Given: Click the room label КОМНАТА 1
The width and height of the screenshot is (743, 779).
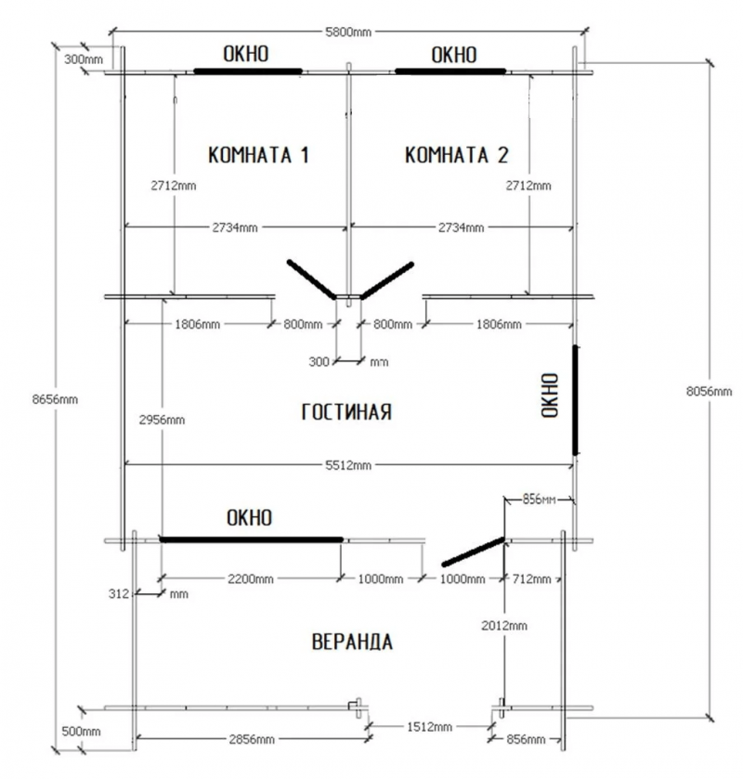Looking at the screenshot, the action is point(258,154).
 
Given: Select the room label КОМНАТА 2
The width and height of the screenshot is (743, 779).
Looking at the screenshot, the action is point(456,154).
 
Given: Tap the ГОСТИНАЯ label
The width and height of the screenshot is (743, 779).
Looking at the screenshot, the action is point(346,412).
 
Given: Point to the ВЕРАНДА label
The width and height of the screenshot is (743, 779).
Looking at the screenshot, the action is point(352,642).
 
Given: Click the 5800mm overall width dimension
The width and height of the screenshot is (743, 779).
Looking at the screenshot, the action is point(348,32).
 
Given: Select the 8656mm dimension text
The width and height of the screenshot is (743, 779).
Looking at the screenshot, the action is point(55,399).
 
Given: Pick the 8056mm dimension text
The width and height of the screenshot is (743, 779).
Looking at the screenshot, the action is point(709,392).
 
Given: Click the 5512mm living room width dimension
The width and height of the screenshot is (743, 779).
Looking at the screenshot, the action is point(348,465).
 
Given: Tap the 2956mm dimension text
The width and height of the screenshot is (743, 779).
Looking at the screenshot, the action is point(162,420).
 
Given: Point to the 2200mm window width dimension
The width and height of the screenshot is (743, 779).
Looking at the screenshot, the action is point(251,578).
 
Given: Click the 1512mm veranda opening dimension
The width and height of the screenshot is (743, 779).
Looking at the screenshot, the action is point(429,727).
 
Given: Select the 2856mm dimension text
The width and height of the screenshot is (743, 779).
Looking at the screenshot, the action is point(252,739).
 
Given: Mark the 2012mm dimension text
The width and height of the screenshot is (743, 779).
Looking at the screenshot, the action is point(504,626).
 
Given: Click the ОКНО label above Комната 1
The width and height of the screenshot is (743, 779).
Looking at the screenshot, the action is point(245,54).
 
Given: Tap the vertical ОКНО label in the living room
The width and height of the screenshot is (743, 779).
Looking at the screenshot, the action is point(550,396).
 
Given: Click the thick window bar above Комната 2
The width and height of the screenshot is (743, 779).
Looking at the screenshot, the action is point(450,71).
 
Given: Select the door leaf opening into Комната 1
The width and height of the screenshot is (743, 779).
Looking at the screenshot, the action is point(312,279).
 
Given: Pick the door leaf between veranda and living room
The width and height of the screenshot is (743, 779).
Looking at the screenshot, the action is point(473,552).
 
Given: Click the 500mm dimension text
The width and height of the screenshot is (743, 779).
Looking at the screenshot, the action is point(81,732).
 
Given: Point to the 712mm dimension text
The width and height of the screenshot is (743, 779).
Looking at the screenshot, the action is point(531,578).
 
